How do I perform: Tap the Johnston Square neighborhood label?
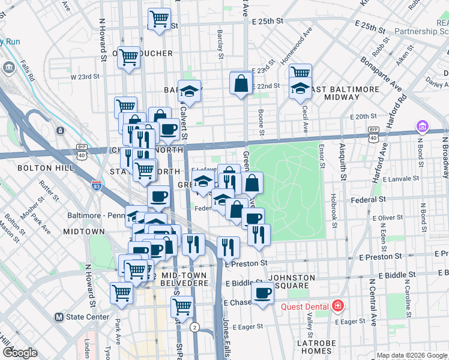[292, 281]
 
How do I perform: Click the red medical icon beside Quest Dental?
[338, 306]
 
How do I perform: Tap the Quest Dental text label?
[305, 307]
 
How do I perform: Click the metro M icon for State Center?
[59, 317]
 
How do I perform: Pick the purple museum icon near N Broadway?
[423, 127]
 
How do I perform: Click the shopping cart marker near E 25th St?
[159, 19]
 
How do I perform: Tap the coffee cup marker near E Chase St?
[262, 293]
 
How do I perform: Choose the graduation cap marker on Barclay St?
[189, 92]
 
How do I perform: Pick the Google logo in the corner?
[20, 353]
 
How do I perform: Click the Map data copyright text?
[412, 355]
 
